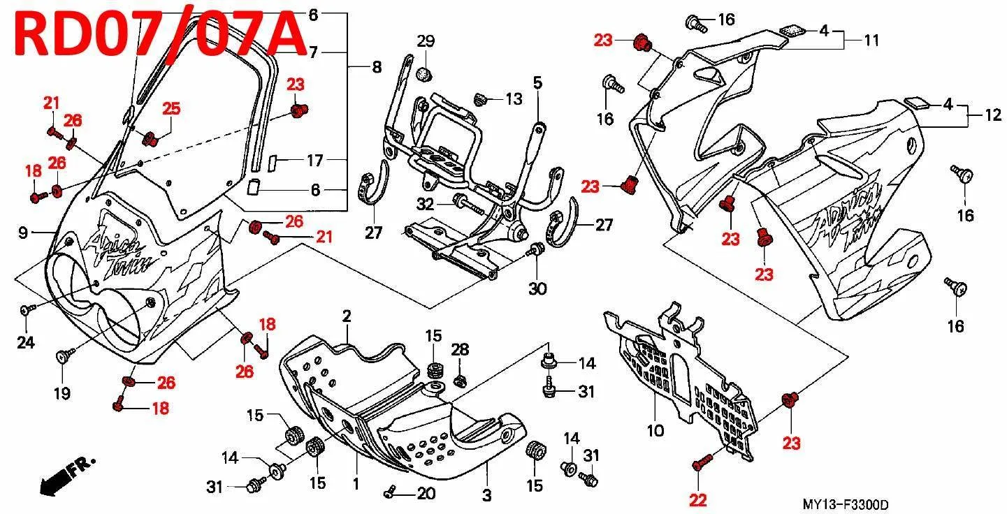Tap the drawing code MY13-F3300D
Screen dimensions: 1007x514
click(x=845, y=504)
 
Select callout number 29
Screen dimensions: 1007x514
click(x=426, y=41)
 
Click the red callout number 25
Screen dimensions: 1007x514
click(x=171, y=108)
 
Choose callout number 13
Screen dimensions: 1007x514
click(x=514, y=99)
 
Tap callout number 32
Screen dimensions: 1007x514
click(x=426, y=205)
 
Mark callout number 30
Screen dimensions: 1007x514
click(x=537, y=288)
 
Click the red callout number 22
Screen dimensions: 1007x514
click(x=697, y=500)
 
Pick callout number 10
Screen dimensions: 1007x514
click(x=655, y=431)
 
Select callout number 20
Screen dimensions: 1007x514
click(x=426, y=494)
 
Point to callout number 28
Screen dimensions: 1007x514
click(x=460, y=350)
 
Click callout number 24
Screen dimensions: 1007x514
click(x=26, y=343)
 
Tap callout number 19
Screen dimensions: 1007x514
click(x=62, y=394)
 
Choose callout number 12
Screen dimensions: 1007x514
click(x=993, y=115)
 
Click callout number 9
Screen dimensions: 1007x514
click(x=23, y=233)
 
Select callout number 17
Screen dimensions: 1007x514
click(x=314, y=161)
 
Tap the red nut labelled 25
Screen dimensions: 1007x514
click(x=150, y=139)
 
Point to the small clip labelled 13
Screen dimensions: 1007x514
click(x=481, y=99)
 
